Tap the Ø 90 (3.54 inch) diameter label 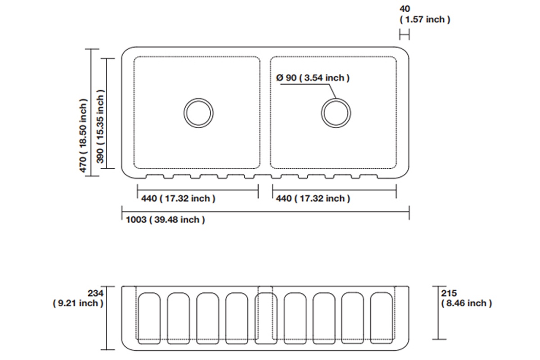pyautogui.click(x=313, y=78)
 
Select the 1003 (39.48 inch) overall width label pyautogui.click(x=166, y=220)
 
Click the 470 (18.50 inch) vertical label pyautogui.click(x=83, y=136)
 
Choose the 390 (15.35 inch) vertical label pyautogui.click(x=100, y=126)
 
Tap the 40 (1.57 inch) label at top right pyautogui.click(x=425, y=14)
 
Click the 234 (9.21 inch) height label pyautogui.click(x=78, y=298)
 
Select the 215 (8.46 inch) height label pyautogui.click(x=467, y=298)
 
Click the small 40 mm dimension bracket pyautogui.click(x=404, y=35)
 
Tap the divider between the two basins pyautogui.click(x=265, y=112)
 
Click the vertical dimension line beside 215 pyautogui.click(x=438, y=313)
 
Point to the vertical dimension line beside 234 pyautogui.click(x=107, y=318)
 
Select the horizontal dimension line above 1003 pyautogui.click(x=265, y=212)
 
